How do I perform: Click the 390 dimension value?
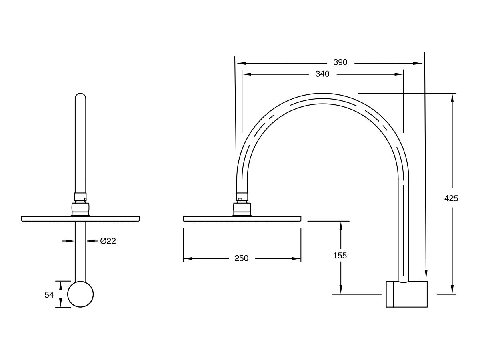[x=340, y=62]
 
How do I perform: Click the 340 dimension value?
[x=322, y=74]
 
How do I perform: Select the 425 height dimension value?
[x=451, y=198]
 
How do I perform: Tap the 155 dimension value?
[x=340, y=256]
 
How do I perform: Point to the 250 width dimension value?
[x=241, y=258]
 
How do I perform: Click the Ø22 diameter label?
[x=108, y=241]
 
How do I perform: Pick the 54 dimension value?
[x=49, y=295]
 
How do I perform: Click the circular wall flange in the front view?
[x=80, y=294]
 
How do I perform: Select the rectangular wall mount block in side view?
[x=406, y=294]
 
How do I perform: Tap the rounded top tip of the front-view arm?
[x=80, y=96]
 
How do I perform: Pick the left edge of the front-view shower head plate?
[x=22, y=218]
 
